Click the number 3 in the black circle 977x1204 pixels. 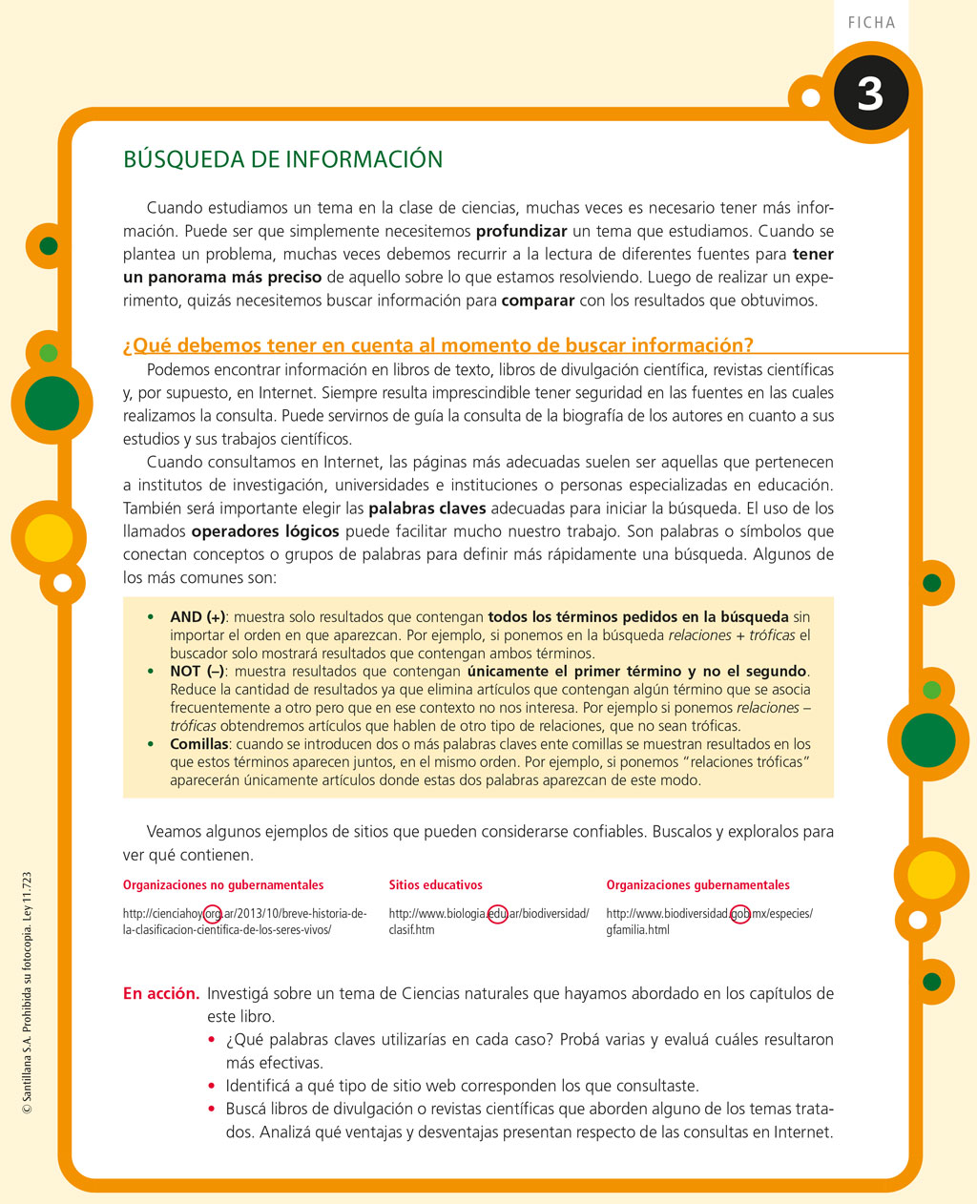[869, 94]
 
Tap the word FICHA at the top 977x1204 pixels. [871, 22]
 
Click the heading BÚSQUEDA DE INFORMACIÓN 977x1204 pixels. [283, 159]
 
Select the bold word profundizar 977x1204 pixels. [521, 231]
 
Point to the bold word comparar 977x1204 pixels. [538, 301]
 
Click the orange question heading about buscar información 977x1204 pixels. [438, 345]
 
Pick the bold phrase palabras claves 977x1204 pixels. [427, 509]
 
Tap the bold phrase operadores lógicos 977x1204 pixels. [265, 531]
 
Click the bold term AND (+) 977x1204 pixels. [198, 617]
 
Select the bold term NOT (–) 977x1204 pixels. [197, 672]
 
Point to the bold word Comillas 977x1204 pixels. [199, 744]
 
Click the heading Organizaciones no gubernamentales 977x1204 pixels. [223, 885]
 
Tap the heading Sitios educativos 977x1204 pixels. [436, 885]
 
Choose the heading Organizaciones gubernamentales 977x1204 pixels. [698, 885]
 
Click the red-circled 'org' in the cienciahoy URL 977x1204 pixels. [214, 914]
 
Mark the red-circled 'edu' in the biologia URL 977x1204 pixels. [497, 914]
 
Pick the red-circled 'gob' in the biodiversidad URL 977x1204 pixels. [739, 914]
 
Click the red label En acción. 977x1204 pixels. [161, 994]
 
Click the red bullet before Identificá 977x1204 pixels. [212, 1086]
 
